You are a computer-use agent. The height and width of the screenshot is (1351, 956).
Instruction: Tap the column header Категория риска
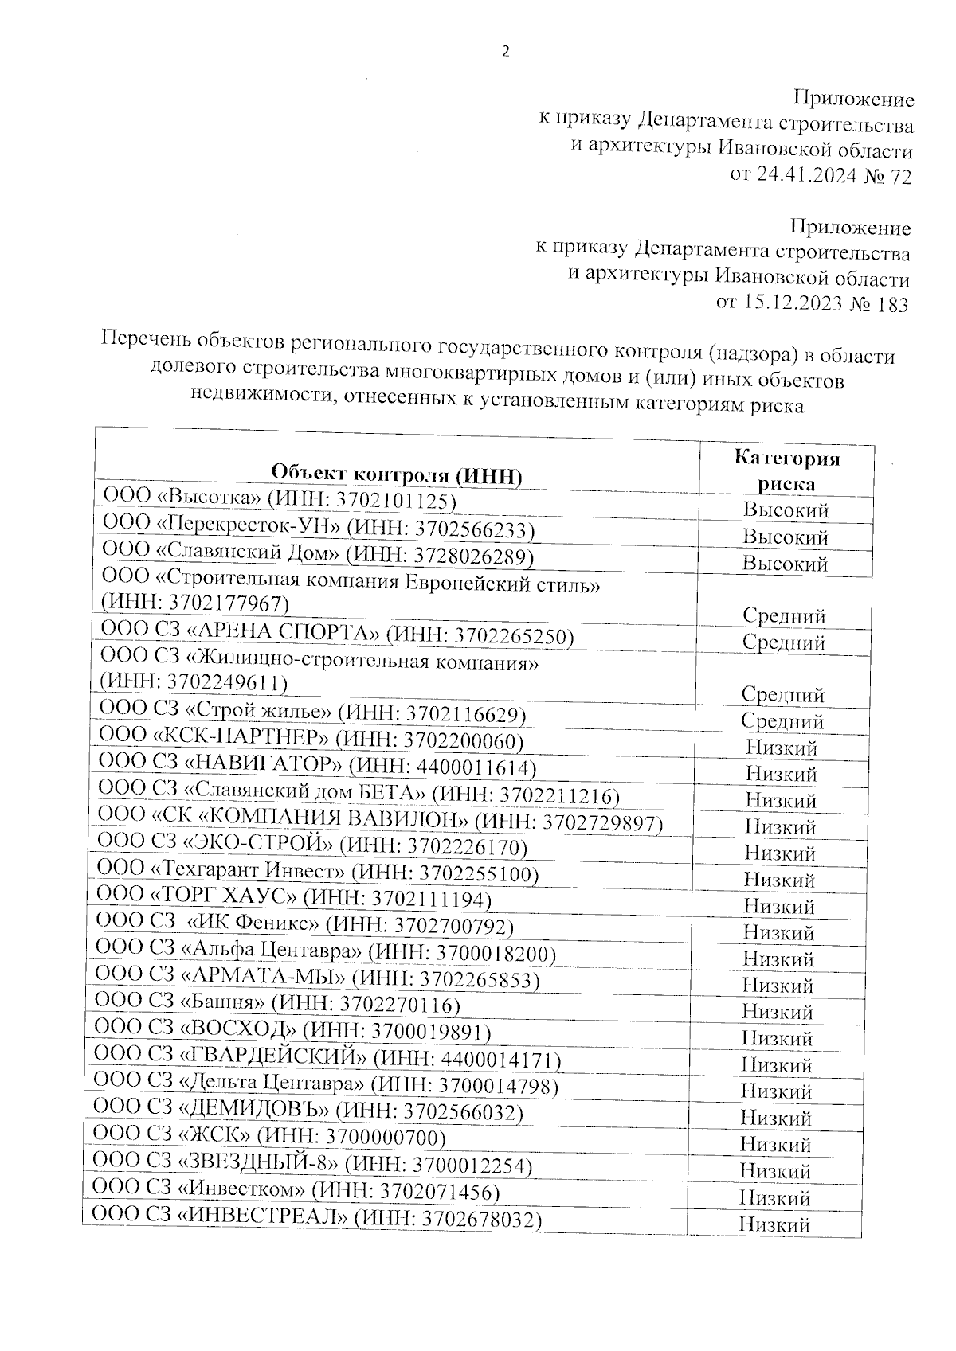coord(786,471)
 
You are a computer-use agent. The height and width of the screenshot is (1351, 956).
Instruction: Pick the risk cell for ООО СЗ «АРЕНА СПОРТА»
coord(784,642)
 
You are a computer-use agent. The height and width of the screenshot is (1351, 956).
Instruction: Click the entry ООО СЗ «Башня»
coord(277,1005)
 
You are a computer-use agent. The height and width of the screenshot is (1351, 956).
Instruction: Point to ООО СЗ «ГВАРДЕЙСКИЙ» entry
coord(327,1059)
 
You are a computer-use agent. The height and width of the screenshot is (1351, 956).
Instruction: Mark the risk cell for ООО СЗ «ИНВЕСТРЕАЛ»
coord(774,1224)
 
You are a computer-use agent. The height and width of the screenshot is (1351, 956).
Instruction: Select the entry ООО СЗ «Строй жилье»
coord(311,714)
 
